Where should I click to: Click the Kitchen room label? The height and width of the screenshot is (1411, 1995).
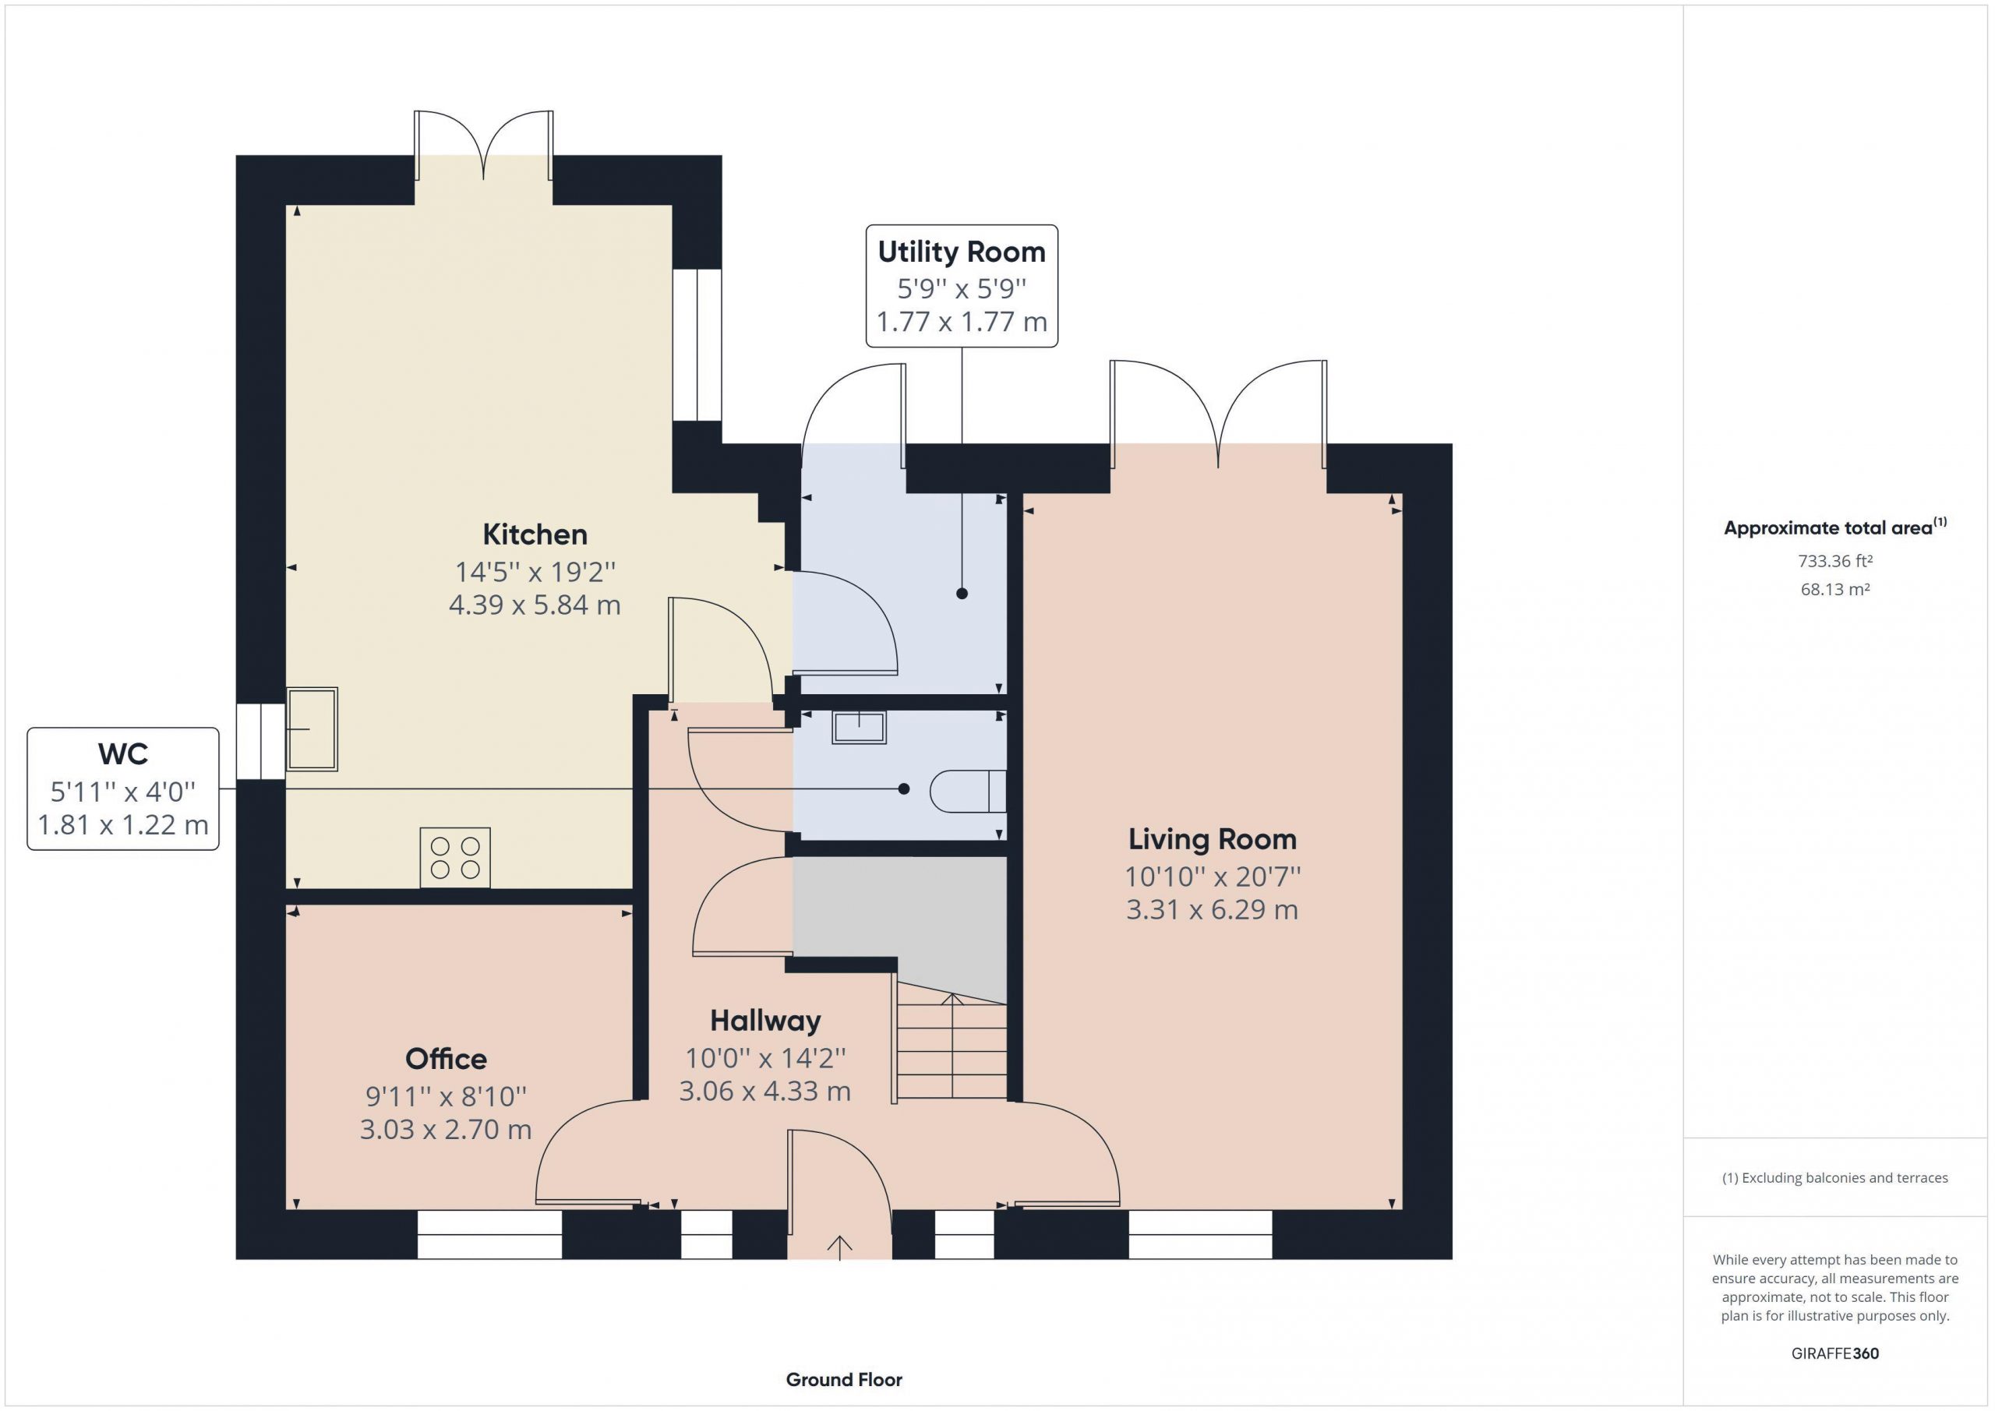(535, 534)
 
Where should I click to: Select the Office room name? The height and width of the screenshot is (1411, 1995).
(446, 1058)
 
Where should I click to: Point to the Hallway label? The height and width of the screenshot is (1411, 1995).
(764, 1021)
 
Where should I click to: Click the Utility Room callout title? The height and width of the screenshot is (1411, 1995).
(961, 252)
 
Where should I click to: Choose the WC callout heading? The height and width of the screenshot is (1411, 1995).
(122, 753)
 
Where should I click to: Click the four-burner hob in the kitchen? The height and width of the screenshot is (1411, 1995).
(454, 858)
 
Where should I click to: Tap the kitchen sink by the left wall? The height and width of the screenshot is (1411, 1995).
(312, 729)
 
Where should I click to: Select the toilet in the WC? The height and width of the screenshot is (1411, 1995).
(968, 791)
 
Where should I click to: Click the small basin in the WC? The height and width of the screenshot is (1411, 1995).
(860, 727)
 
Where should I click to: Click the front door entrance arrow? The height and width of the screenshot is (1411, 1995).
(839, 1247)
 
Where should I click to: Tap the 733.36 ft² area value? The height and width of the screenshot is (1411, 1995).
(1835, 561)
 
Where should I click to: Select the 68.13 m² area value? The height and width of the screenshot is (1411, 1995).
(1835, 589)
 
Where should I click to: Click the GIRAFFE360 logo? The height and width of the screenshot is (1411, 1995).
(1835, 1353)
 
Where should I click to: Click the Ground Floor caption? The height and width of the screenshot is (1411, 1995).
(844, 1379)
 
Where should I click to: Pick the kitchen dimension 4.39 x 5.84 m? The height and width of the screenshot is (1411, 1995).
(535, 605)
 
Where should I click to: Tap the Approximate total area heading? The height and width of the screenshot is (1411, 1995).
(1835, 527)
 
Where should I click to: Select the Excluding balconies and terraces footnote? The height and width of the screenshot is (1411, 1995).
(1835, 1178)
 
